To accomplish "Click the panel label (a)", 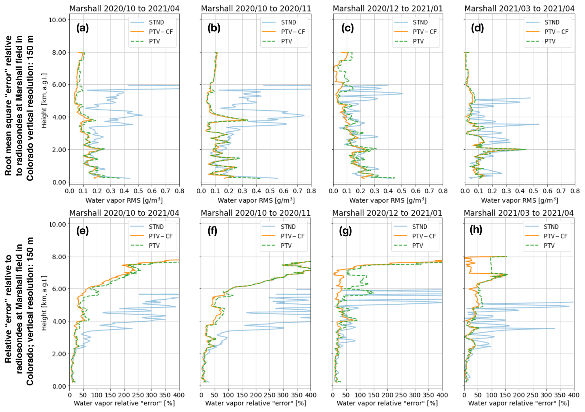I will click(82, 28).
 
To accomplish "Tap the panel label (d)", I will click(477, 28).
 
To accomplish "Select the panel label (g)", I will click(345, 231).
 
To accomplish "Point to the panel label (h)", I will click(476, 229).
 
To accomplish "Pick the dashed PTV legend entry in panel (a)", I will click(155, 41).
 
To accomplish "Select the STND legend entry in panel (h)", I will click(551, 227).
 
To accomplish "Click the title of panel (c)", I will click(387, 8).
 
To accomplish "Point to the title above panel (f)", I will click(256, 213).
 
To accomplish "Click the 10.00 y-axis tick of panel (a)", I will click(57, 20).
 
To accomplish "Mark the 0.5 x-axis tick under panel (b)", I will click(270, 191).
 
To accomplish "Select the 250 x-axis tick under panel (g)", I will click(401, 395).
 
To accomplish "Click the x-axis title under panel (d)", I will click(520, 201).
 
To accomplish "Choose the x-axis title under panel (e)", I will click(124, 403).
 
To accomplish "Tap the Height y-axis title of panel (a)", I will click(44, 100).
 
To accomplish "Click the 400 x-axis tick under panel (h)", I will click(574, 395).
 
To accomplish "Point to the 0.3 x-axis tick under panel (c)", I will click(374, 191).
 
